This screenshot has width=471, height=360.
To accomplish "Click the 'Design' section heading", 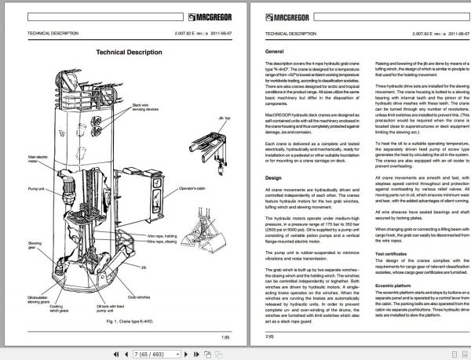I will (x=273, y=178).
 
